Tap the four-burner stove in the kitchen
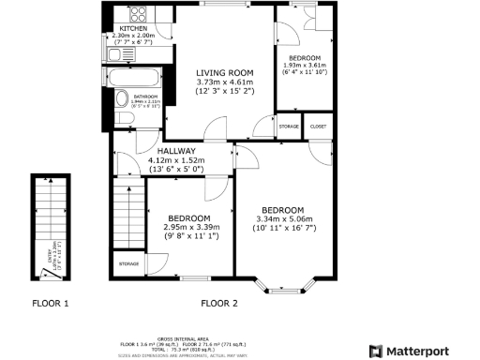point(138,14)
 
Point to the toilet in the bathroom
point(122,100)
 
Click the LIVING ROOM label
point(225,73)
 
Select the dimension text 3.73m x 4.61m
point(225,82)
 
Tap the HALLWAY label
point(176,151)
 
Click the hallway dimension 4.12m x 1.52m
point(176,160)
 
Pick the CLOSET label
point(319,126)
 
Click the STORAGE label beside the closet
point(289,126)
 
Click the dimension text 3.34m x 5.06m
point(282,218)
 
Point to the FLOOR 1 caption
point(50,303)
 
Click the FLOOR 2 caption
point(219,303)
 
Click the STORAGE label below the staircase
point(128,264)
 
